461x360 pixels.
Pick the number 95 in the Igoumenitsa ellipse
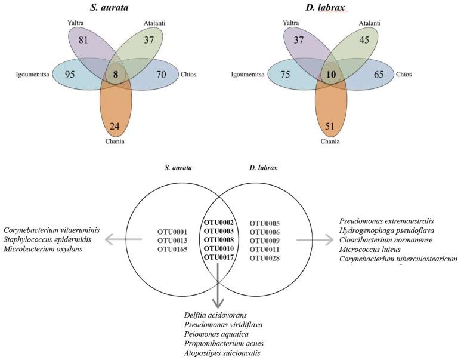70,75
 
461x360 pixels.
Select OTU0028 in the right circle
264,257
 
